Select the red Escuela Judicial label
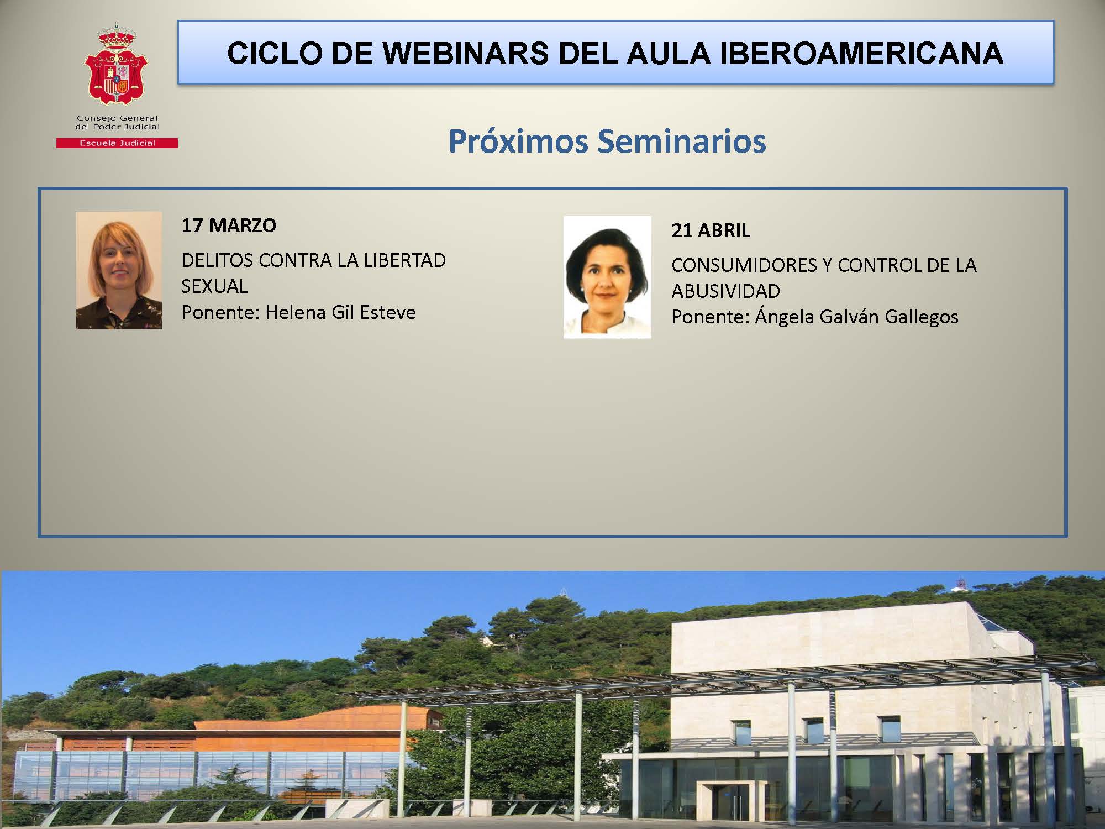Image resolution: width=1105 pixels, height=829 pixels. (117, 143)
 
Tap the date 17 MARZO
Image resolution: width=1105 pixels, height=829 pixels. (229, 225)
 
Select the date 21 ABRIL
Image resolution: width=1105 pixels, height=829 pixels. (711, 230)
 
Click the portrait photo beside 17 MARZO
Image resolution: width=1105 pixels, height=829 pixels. (119, 270)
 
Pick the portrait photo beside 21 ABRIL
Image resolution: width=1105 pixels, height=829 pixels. (607, 277)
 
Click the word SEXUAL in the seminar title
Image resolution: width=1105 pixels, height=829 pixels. (214, 286)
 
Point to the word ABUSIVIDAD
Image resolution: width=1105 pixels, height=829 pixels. (726, 291)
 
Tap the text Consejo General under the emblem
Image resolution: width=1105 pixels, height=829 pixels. (117, 118)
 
